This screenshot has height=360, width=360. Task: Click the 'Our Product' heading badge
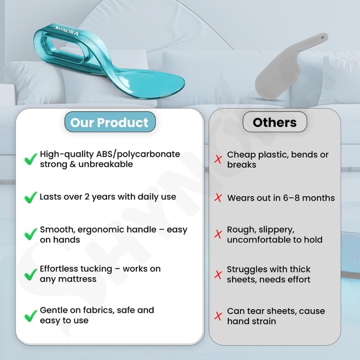tap(110, 122)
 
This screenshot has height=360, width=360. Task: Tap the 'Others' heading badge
tap(274, 122)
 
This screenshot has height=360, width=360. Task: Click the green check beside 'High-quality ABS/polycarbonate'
tap(31, 160)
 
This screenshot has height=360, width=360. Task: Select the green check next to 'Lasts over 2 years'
tap(31, 197)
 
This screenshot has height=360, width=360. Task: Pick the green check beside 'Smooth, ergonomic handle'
tap(31, 234)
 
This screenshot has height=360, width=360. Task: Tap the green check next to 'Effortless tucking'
tap(31, 274)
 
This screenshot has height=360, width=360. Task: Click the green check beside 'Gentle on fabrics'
tap(31, 316)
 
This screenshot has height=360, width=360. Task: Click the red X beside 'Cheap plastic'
tap(218, 160)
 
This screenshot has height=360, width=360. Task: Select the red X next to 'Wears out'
tap(218, 198)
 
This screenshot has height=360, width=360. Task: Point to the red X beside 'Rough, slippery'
tap(218, 235)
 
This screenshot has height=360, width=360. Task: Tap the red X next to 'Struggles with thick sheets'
tap(218, 274)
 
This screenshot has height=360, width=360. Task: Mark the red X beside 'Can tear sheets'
tap(218, 316)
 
